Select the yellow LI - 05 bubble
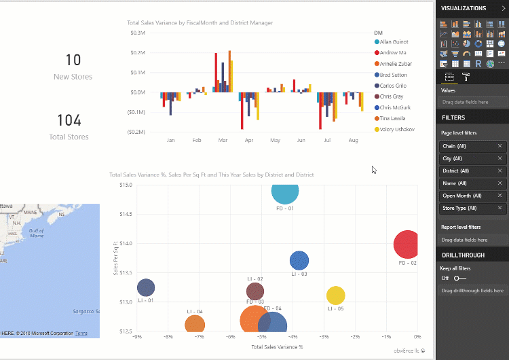pos(335,295)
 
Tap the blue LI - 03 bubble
pos(299,260)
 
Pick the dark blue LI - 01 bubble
pos(146,288)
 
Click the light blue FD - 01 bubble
pos(285,191)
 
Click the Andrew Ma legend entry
pos(393,52)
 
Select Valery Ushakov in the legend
pos(397,129)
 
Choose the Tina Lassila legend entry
pos(394,118)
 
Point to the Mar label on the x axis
pos(223,140)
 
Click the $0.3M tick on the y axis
pos(137,33)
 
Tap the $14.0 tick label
pos(126,243)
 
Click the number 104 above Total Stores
pos(69,121)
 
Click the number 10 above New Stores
pos(73,60)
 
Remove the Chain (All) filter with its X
pos(500,146)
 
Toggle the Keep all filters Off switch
pos(461,278)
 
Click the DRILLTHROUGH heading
pos(463,255)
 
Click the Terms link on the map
pos(81,334)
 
